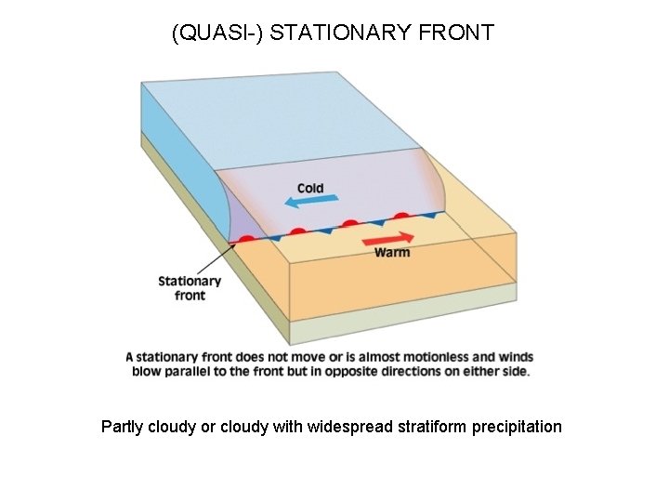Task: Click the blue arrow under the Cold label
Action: click(306, 201)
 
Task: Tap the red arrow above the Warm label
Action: click(388, 237)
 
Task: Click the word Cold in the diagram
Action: click(310, 188)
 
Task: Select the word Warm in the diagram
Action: click(391, 252)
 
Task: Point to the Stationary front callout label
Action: click(190, 288)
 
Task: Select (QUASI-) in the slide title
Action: click(209, 33)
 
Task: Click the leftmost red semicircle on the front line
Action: click(246, 239)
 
